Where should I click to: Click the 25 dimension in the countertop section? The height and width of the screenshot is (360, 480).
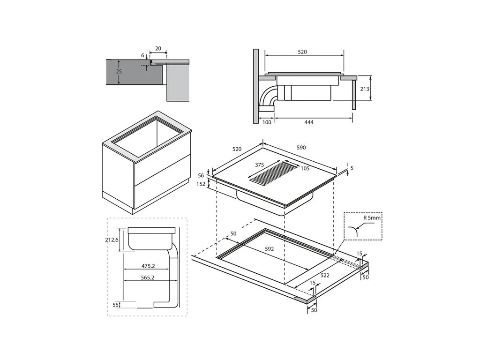click(119, 72)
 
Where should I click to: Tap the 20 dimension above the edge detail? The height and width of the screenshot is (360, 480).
click(158, 49)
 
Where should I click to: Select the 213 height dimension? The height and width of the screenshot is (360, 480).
click(365, 89)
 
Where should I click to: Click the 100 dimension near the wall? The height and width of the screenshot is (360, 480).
click(266, 122)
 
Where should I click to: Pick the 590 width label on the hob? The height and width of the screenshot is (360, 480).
click(301, 147)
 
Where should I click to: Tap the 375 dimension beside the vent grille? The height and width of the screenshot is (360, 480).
click(260, 165)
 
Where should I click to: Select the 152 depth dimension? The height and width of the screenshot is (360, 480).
click(201, 184)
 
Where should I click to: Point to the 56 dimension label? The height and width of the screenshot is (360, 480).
click(201, 175)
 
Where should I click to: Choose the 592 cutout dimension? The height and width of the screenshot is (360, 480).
click(269, 249)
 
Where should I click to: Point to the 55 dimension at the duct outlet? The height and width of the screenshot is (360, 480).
click(115, 305)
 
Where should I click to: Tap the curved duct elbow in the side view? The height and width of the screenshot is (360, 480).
click(269, 96)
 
